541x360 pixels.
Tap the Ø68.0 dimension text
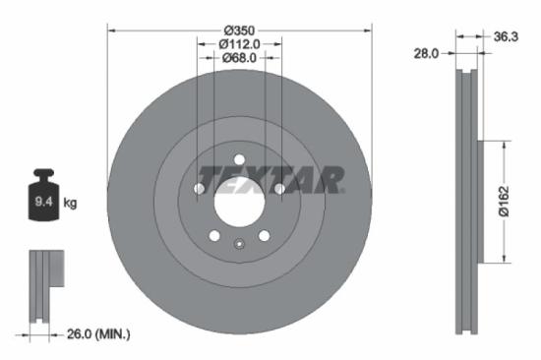(x=239, y=58)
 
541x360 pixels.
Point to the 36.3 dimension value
(x=504, y=37)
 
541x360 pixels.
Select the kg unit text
(x=70, y=204)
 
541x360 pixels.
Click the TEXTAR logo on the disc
(x=270, y=179)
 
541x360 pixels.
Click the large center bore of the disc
(x=239, y=204)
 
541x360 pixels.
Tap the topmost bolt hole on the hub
(x=239, y=160)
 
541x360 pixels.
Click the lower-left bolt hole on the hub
(x=213, y=236)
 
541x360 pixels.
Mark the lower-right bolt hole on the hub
(x=265, y=236)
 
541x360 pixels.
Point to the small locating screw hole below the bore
(x=239, y=245)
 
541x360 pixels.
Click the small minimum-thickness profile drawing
(x=44, y=285)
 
